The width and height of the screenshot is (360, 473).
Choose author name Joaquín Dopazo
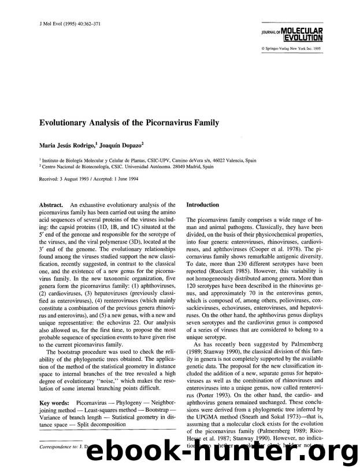click(x=124, y=145)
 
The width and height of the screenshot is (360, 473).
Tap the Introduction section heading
click(x=203, y=205)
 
